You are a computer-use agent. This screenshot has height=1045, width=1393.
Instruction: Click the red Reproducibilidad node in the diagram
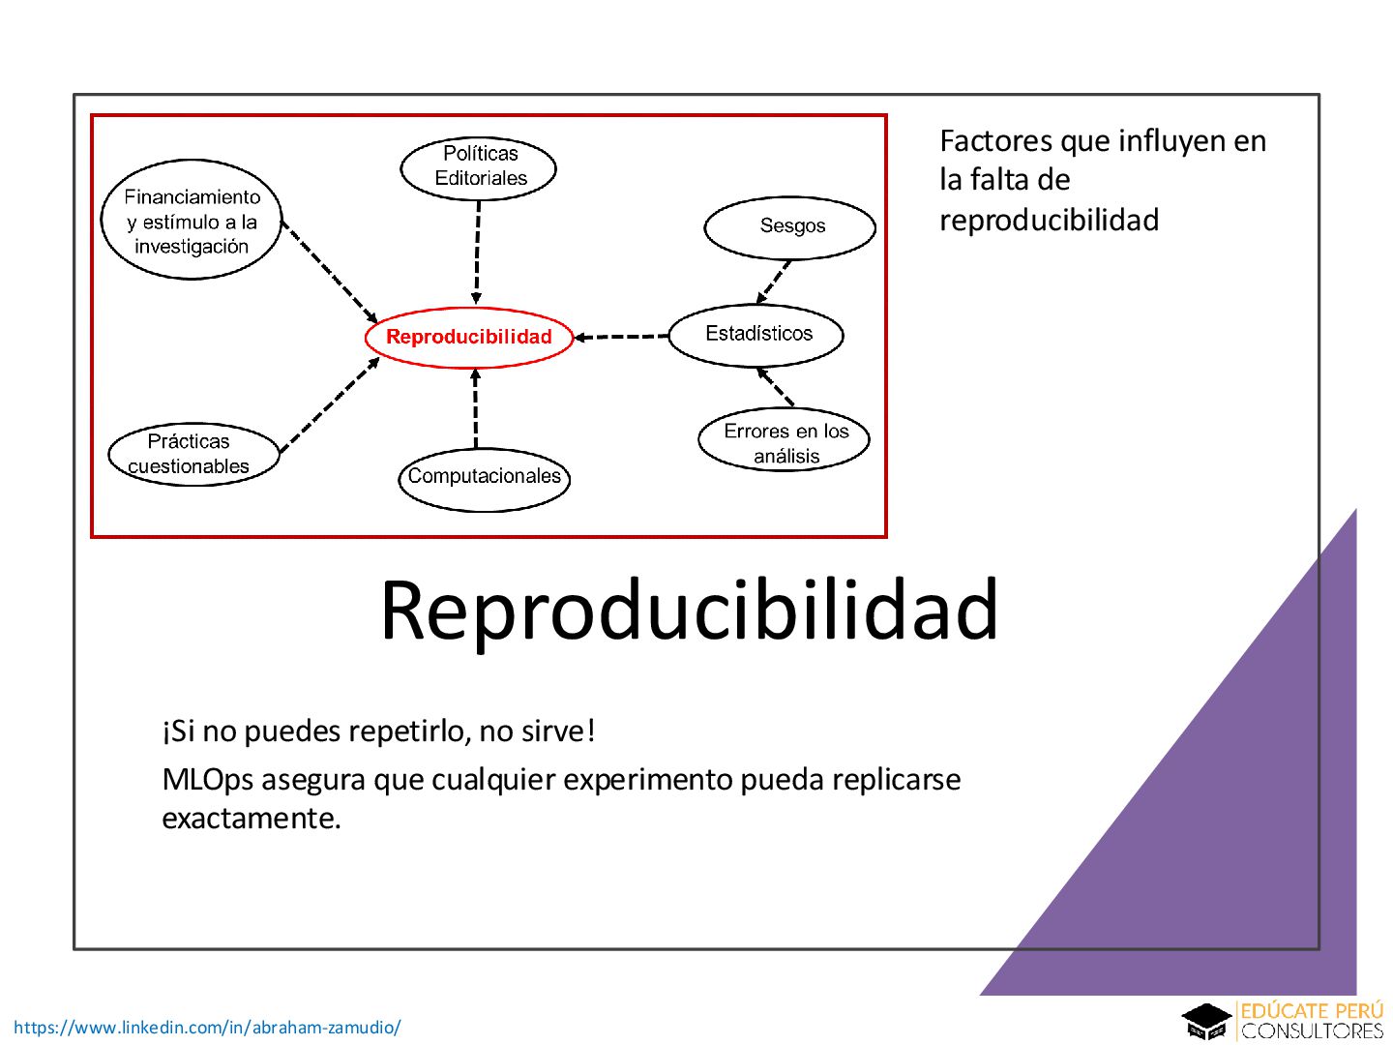(x=469, y=337)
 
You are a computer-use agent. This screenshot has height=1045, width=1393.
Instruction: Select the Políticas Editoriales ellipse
(x=479, y=166)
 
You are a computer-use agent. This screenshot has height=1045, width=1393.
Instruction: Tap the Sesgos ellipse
(x=790, y=226)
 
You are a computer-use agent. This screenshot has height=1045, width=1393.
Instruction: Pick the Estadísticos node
(x=756, y=334)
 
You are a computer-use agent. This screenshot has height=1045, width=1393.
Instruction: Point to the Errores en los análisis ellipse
(x=785, y=442)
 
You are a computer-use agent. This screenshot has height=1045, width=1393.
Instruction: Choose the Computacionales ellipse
(x=484, y=477)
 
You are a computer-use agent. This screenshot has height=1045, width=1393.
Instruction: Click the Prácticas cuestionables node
(x=192, y=453)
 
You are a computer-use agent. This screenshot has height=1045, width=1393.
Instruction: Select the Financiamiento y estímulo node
(x=192, y=221)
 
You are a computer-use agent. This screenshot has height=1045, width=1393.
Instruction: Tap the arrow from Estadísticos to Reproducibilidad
(x=621, y=337)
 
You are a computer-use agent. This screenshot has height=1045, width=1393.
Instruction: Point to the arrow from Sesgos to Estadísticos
(x=774, y=282)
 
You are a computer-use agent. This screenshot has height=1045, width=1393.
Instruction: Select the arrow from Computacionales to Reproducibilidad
(x=475, y=408)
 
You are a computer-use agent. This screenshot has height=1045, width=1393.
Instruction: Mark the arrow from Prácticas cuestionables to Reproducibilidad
(x=329, y=404)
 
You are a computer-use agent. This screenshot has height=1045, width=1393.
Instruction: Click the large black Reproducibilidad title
(x=689, y=610)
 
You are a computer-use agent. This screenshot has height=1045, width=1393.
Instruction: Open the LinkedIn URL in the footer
(x=207, y=1028)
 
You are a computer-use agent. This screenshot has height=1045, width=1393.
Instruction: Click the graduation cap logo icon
(x=1206, y=1021)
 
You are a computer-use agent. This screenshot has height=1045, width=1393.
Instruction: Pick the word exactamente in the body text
(x=251, y=819)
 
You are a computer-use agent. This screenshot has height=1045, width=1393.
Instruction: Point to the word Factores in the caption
(x=996, y=141)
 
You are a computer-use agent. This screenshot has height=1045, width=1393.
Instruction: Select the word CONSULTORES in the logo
(x=1313, y=1031)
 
